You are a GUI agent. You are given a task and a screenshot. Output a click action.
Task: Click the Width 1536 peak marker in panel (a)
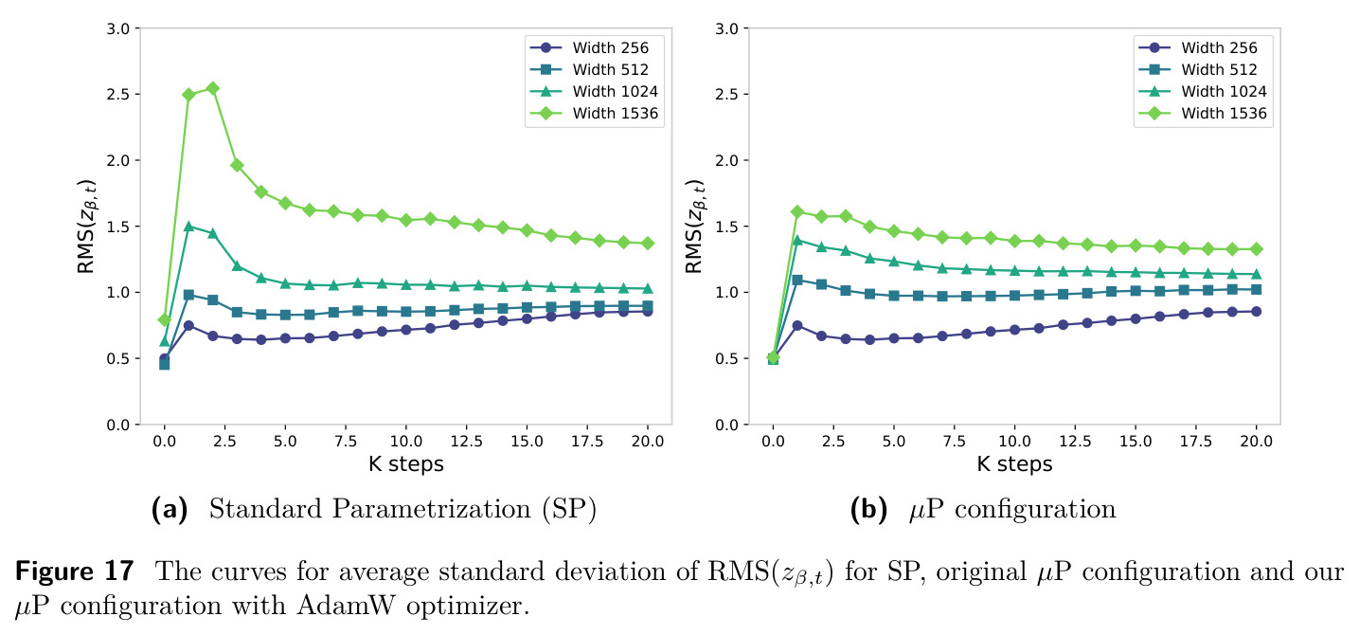(212, 88)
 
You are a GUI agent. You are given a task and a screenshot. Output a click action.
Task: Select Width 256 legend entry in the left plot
(589, 47)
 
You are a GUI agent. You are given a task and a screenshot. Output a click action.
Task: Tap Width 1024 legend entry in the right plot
(1203, 91)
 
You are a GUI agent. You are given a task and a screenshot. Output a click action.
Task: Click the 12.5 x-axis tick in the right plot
(1075, 442)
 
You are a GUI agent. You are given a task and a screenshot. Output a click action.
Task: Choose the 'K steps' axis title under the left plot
(406, 464)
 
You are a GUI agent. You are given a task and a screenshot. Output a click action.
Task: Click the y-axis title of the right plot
(694, 227)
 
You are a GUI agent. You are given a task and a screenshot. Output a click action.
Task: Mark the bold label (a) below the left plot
(170, 509)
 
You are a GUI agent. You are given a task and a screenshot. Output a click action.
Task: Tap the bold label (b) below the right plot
(868, 509)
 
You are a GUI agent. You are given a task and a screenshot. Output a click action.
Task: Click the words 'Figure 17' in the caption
(74, 571)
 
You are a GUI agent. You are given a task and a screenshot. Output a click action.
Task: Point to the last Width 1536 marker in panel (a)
(648, 243)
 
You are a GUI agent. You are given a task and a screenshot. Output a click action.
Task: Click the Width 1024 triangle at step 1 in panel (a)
(188, 226)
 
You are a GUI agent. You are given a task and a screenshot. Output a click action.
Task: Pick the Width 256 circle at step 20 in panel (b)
(1256, 312)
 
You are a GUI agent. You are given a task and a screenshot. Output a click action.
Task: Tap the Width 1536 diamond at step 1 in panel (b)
(797, 212)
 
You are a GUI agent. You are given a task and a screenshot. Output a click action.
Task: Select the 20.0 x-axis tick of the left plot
(648, 442)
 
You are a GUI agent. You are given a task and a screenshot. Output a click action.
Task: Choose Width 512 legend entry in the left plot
(589, 69)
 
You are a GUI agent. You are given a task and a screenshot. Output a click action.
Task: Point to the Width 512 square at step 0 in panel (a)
(164, 364)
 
